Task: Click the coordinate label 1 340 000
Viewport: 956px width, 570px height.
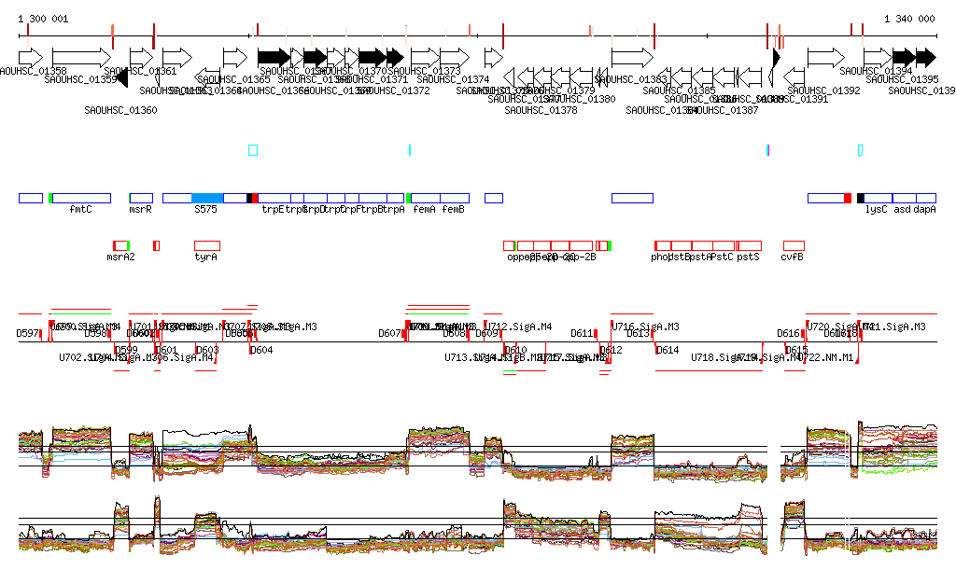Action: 908,19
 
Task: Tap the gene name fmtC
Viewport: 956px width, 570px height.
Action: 80,210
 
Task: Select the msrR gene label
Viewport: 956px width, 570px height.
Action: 140,210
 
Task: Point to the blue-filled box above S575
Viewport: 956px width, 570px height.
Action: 207,198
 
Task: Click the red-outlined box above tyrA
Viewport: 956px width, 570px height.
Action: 207,245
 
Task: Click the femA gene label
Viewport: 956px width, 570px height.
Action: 424,210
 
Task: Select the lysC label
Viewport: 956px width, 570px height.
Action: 876,210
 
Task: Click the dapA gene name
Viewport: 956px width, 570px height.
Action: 924,210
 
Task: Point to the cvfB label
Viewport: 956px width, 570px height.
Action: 793,257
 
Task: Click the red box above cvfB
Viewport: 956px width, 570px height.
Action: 794,245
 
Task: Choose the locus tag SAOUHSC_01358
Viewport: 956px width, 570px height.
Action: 34,71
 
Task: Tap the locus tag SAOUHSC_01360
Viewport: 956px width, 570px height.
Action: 120,110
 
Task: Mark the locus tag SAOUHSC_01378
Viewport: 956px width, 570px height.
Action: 541,110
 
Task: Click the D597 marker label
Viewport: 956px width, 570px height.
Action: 28,333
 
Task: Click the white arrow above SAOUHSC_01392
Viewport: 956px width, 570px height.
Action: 825,57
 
